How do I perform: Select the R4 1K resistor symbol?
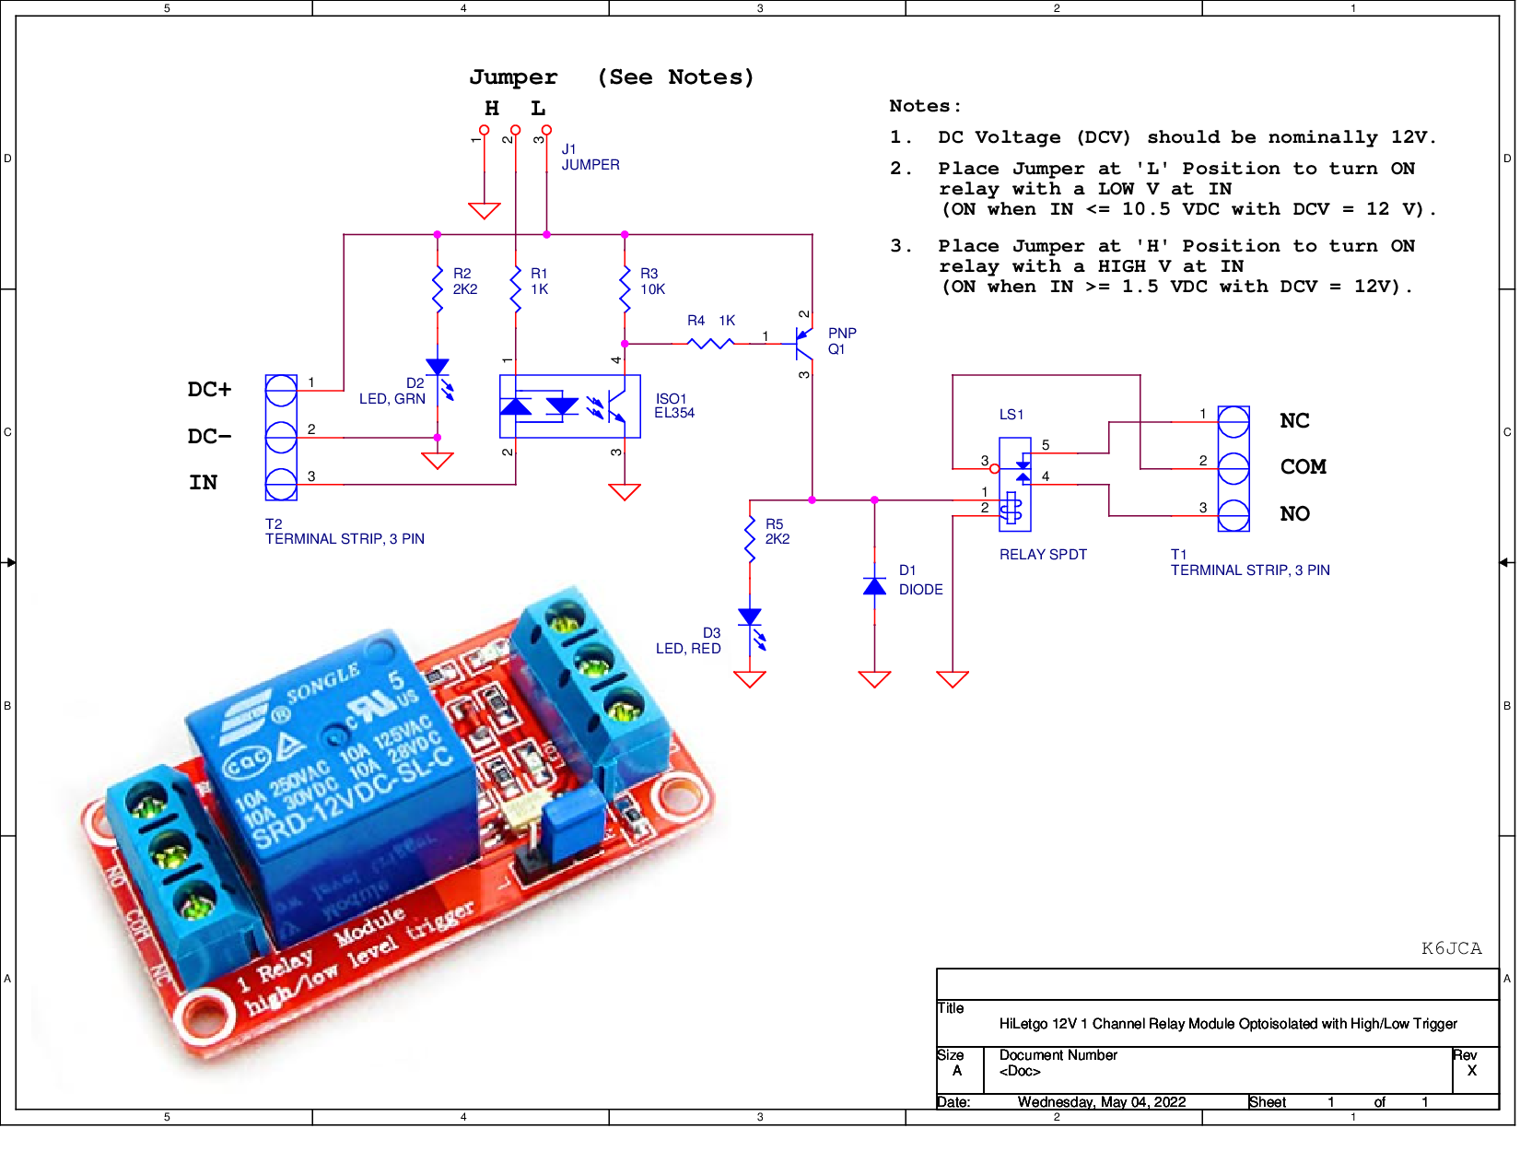tap(711, 343)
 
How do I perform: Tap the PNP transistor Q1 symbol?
tap(803, 343)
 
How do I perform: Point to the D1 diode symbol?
tap(874, 586)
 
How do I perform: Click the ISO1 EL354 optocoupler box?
tap(569, 406)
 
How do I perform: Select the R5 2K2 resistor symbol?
tap(750, 539)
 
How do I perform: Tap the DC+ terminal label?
tap(209, 390)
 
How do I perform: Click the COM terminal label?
tap(1303, 467)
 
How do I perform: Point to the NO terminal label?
tap(1294, 514)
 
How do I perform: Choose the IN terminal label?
tap(204, 483)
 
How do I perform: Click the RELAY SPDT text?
tap(1043, 555)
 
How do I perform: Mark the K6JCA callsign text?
tap(1451, 948)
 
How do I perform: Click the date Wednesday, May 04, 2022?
tap(1101, 1102)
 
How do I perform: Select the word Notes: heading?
tap(925, 106)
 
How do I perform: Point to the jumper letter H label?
tap(492, 109)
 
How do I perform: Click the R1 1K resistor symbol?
tap(516, 288)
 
